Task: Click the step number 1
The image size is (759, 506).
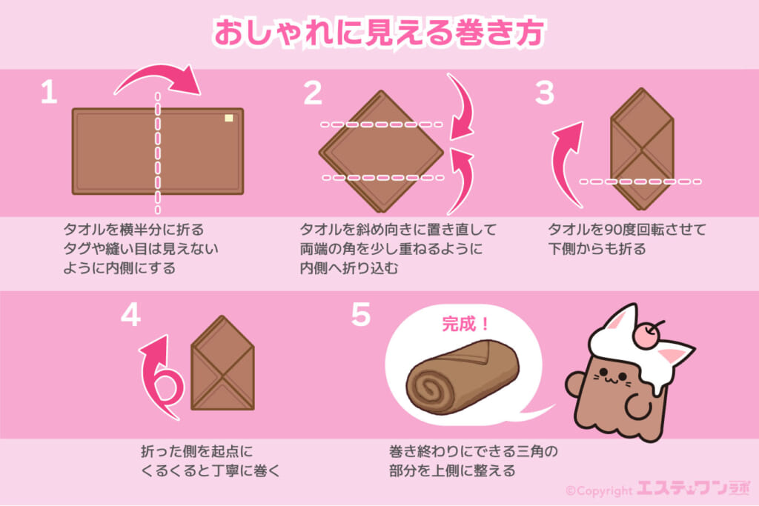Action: pos(49,93)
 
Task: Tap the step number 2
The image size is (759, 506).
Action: pos(313,93)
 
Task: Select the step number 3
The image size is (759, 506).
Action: pos(545,93)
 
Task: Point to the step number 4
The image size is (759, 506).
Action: pos(130,316)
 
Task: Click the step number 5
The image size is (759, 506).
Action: pos(361,315)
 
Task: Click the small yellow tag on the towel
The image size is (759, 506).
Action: pos(229,118)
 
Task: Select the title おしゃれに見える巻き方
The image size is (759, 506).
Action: pos(379,33)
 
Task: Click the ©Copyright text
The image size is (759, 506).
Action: pos(599,491)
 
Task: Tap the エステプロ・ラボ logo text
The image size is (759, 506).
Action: pos(693,487)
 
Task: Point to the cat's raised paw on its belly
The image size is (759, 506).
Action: pos(638,406)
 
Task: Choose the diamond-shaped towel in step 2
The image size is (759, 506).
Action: pos(381,151)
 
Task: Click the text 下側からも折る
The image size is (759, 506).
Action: pos(597,249)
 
